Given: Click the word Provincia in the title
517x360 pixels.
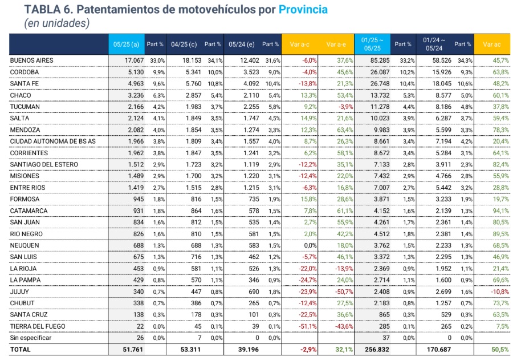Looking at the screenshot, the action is tap(303, 10).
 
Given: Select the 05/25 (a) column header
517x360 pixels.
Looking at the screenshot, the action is tap(127, 45).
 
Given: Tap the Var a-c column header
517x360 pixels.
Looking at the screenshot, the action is tap(300, 45).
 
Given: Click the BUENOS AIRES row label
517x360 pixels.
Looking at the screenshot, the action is tap(32, 60).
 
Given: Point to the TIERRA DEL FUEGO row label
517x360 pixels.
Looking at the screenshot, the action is tap(38, 326).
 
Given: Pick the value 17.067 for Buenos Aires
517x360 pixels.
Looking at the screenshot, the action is tap(134, 60).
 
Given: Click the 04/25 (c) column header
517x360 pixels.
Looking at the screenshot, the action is tap(184, 45).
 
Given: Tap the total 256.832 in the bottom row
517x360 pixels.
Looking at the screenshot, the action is tap(377, 349).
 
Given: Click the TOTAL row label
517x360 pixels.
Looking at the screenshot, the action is tap(20, 349).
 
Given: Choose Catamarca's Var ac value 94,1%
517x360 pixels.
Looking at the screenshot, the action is tap(501, 211).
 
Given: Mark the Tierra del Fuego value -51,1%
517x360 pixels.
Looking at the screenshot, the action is tap(308, 326).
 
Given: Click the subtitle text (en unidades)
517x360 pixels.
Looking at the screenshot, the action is tap(56, 23).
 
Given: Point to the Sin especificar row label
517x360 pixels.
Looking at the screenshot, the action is tap(31, 338).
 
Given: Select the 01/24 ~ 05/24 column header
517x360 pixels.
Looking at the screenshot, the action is tap(434, 45).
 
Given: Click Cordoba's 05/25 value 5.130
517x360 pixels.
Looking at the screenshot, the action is tap(136, 72).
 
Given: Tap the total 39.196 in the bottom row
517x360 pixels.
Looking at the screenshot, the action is tap(249, 349).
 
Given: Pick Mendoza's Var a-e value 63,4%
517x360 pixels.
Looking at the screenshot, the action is tap(345, 130).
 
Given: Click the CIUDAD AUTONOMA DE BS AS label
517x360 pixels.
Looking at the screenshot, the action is tap(53, 141).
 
